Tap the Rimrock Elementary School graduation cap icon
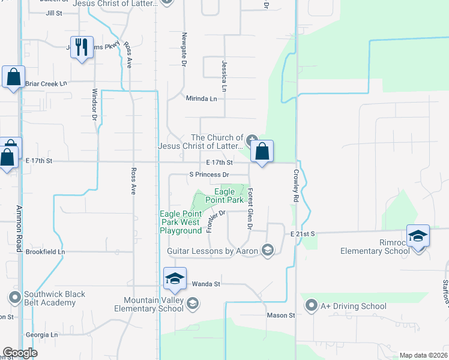click(x=418, y=235)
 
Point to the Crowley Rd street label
click(x=296, y=185)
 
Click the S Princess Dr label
click(x=209, y=175)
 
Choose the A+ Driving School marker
click(x=311, y=306)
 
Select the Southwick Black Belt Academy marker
click(x=14, y=298)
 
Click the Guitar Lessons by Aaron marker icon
click(x=268, y=250)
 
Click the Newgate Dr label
click(x=184, y=48)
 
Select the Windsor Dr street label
click(x=94, y=104)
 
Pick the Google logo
click(x=20, y=353)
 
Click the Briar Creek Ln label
click(x=46, y=83)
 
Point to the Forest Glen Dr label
click(x=249, y=208)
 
